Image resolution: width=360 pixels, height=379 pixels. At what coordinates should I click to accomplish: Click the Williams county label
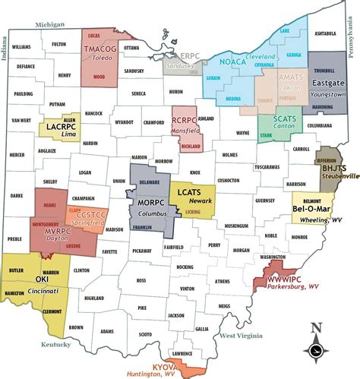(21, 46)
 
